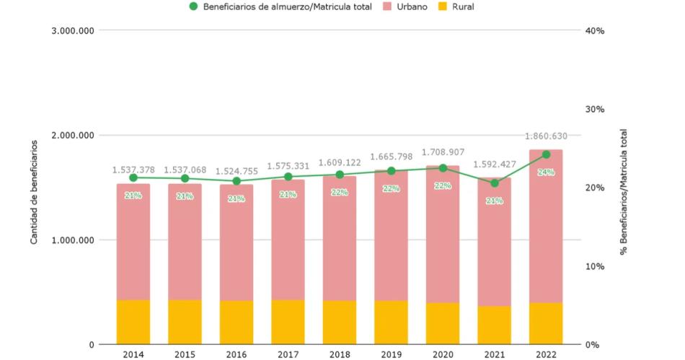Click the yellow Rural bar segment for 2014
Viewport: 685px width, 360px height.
(x=133, y=322)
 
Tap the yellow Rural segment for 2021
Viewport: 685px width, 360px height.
(x=494, y=325)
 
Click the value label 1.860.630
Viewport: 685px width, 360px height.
(x=546, y=136)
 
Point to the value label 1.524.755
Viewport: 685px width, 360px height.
(x=237, y=171)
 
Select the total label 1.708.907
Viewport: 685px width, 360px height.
(x=443, y=153)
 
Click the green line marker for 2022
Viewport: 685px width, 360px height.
(x=546, y=154)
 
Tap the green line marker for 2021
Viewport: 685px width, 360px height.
(x=494, y=183)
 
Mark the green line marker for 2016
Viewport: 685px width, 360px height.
(x=237, y=181)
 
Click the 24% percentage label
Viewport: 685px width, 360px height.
(x=546, y=172)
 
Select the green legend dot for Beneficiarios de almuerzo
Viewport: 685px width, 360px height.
(x=193, y=7)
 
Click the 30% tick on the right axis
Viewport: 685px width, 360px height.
(x=594, y=110)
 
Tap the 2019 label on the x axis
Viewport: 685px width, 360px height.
(x=391, y=354)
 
